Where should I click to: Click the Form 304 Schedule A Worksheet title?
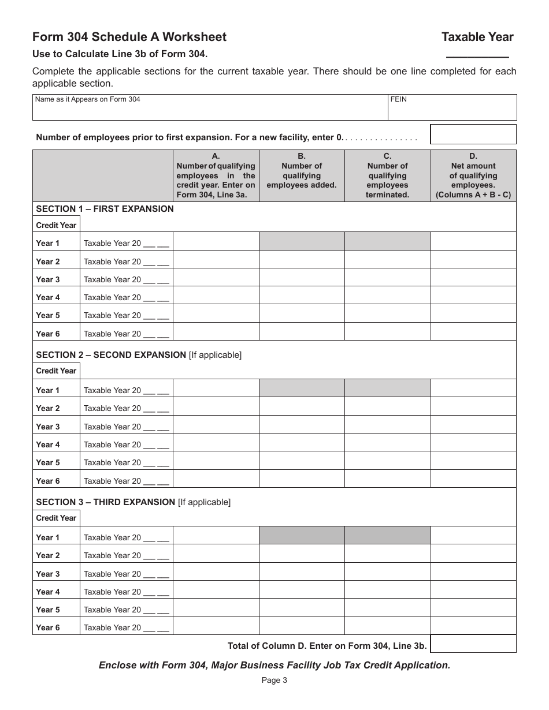(129, 37)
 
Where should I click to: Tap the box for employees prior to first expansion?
(473, 134)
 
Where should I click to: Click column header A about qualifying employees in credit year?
(216, 175)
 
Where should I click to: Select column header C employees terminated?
(387, 175)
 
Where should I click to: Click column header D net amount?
(473, 175)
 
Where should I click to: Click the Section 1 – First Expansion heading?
(105, 209)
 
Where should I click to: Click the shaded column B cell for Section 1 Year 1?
(302, 241)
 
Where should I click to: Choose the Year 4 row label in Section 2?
(48, 444)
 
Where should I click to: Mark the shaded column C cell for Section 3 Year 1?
(387, 536)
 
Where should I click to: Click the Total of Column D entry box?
(473, 644)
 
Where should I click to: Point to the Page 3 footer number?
(274, 680)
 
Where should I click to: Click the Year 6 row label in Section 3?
(48, 627)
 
